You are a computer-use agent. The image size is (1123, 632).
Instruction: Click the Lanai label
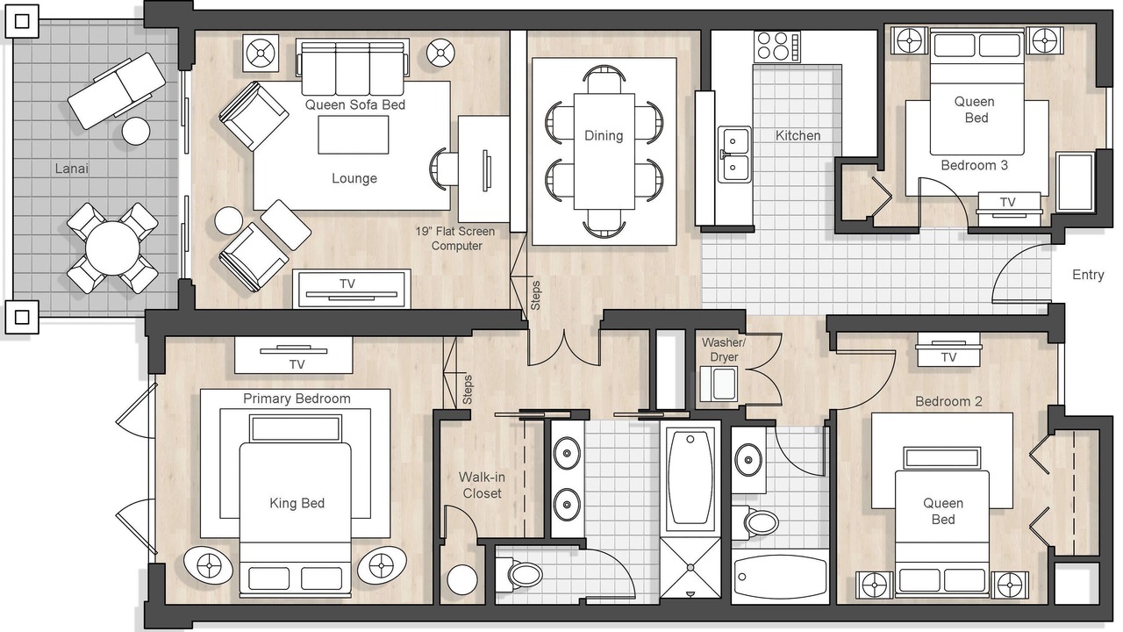pyautogui.click(x=72, y=169)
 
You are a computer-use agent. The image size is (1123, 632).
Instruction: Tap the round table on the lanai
pyautogui.click(x=112, y=248)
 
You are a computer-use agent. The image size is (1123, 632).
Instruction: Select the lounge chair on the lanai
pyautogui.click(x=117, y=90)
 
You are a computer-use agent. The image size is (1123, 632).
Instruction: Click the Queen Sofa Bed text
pyautogui.click(x=355, y=104)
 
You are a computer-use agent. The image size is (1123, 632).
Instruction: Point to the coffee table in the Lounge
pyautogui.click(x=353, y=135)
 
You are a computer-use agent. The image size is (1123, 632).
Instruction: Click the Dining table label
pyautogui.click(x=604, y=136)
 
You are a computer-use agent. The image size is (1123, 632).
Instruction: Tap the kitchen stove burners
pyautogui.click(x=777, y=47)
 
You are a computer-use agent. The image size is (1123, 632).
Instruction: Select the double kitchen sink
pyautogui.click(x=734, y=154)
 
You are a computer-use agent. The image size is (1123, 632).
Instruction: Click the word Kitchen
pyautogui.click(x=798, y=135)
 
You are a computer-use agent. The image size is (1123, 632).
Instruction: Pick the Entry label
pyautogui.click(x=1088, y=275)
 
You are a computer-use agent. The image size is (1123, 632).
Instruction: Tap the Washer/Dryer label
pyautogui.click(x=724, y=349)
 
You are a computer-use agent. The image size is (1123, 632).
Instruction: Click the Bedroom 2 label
pyautogui.click(x=948, y=401)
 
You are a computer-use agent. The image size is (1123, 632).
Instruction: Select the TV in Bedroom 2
pyautogui.click(x=948, y=350)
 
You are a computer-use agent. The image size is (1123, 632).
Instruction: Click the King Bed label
pyautogui.click(x=297, y=503)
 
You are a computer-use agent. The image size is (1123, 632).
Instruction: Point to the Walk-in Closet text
pyautogui.click(x=482, y=485)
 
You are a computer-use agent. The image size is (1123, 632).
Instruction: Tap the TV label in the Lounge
pyautogui.click(x=347, y=284)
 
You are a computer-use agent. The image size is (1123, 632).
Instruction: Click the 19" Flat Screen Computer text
pyautogui.click(x=455, y=239)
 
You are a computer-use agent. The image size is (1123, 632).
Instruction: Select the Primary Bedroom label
pyautogui.click(x=297, y=399)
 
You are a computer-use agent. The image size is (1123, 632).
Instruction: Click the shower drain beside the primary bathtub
pyautogui.click(x=690, y=567)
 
